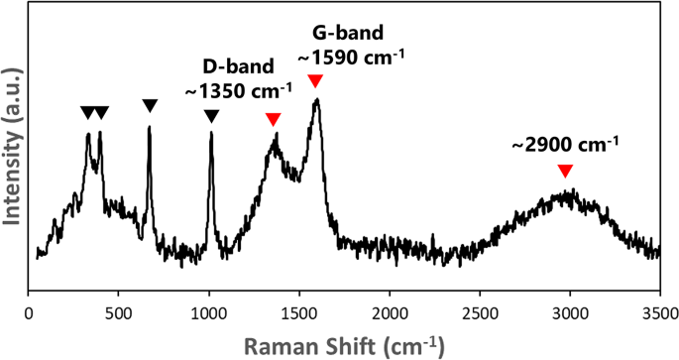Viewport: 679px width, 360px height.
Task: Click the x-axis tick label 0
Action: click(29, 313)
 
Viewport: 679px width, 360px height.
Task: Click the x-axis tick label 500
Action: click(118, 313)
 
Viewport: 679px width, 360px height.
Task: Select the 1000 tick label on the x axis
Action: click(208, 313)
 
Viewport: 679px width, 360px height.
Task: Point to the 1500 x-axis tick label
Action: click(298, 313)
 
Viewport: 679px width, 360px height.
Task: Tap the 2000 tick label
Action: click(389, 313)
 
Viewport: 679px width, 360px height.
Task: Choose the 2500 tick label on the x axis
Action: click(480, 313)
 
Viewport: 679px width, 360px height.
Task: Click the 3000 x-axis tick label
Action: click(570, 313)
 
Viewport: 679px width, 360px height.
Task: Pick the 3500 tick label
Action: click(659, 313)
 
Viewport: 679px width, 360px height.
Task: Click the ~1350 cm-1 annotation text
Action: click(238, 90)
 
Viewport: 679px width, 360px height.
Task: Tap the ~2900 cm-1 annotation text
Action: click(565, 144)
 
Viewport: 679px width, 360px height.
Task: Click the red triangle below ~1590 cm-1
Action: click(315, 80)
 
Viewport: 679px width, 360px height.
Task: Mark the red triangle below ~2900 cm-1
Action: click(565, 171)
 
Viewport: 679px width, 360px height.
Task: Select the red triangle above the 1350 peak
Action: click(274, 120)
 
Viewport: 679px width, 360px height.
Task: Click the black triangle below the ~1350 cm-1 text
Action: click(211, 116)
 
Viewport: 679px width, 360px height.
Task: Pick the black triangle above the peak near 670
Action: click(150, 105)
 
